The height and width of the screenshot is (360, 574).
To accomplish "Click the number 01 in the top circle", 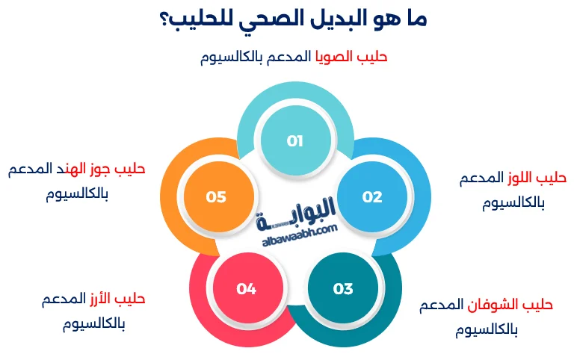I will coord(294,140).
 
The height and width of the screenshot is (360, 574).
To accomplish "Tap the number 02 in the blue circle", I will coord(372,197).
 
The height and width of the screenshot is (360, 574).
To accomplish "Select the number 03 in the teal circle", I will coord(343,289).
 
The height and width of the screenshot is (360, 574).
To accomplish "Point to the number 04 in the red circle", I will coord(247,288).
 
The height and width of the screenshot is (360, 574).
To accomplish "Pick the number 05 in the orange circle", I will coord(216,197).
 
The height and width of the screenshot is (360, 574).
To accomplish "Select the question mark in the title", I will coord(164,21).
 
